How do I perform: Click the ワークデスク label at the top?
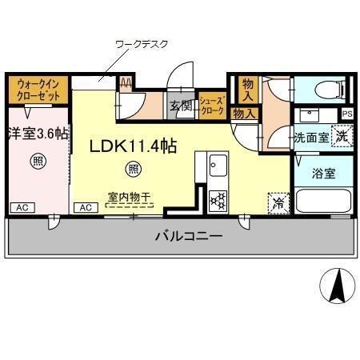pos(142,44)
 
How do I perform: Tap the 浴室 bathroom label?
pos(323,172)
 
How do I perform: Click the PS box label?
pos(346,114)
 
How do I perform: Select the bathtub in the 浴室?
pos(322,201)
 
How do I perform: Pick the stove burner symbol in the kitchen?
pos(218,200)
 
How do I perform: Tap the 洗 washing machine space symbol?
pos(342,136)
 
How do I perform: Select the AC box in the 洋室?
pos(22,207)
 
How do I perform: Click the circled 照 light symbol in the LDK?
pos(134,169)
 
